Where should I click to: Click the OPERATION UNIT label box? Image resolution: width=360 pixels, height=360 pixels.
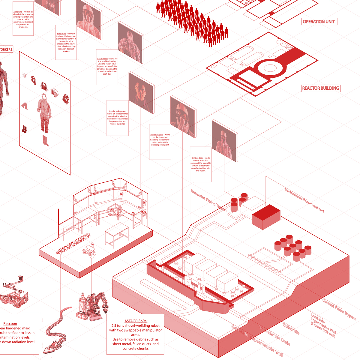319,22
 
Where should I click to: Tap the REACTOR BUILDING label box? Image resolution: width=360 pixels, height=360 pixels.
320,88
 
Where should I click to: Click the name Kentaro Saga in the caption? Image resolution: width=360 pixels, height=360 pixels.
197,158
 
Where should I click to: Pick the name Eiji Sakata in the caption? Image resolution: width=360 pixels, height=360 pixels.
61,34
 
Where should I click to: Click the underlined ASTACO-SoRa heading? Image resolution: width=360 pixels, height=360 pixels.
136,321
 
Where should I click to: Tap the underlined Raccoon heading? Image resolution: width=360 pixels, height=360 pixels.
10,324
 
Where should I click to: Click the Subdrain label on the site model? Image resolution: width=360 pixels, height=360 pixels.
291,328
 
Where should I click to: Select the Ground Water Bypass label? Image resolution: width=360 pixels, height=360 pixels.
339,309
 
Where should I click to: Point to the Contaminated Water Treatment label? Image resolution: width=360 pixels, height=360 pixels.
304,200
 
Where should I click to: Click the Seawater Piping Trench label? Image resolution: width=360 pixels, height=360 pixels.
208,200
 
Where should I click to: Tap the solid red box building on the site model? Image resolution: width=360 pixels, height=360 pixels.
266,217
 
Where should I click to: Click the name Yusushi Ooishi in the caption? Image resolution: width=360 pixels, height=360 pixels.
157,135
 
